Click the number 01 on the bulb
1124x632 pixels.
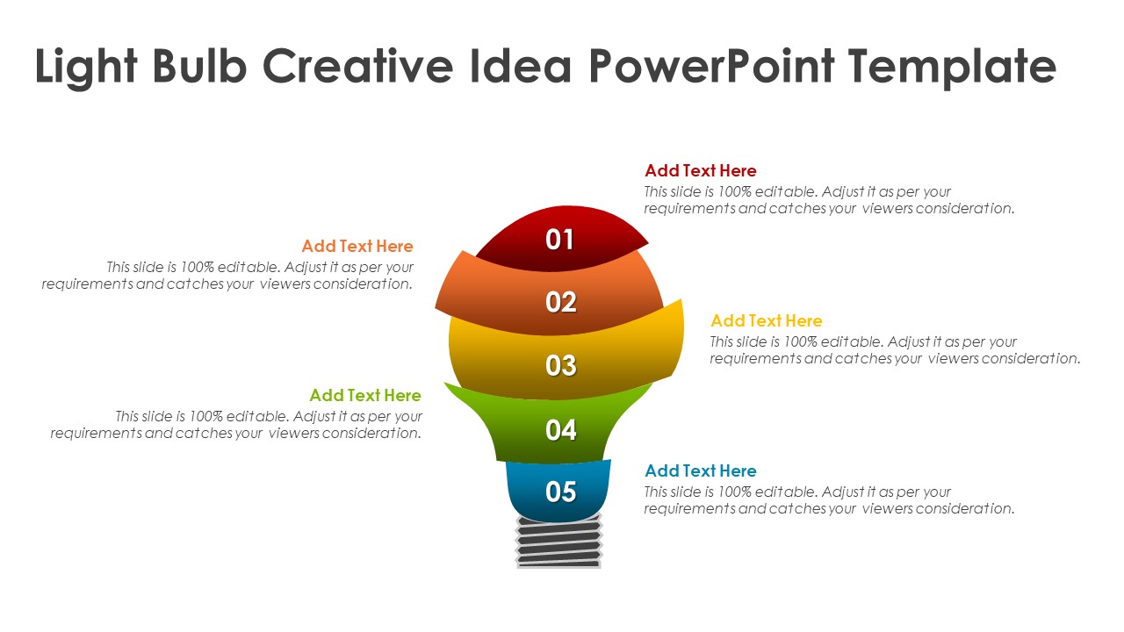click(559, 240)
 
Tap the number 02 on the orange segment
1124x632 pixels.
click(561, 302)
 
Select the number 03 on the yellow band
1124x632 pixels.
click(561, 366)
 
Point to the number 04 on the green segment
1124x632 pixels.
click(561, 430)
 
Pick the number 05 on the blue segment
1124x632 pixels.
click(561, 492)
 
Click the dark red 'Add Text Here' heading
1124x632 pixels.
click(701, 170)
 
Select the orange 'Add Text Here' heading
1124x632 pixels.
click(357, 246)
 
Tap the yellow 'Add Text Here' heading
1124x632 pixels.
click(767, 320)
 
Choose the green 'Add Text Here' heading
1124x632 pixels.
click(365, 395)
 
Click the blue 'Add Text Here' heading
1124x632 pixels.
click(701, 470)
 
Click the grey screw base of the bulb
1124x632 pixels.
click(559, 542)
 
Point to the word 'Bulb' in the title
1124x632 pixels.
click(199, 65)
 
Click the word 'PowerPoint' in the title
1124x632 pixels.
click(711, 65)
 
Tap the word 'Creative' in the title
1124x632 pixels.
click(357, 65)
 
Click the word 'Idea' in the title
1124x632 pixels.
click(521, 65)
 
